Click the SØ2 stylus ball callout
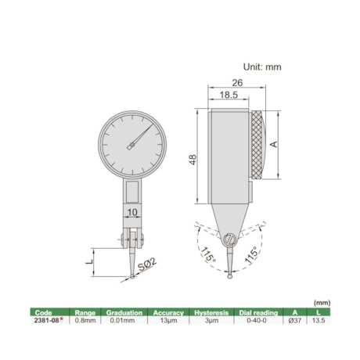click(150, 268)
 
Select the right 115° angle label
click(253, 255)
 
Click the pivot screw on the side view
click(229, 239)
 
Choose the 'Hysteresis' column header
click(211, 311)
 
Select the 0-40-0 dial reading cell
click(256, 320)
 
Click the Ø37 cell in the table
click(295, 320)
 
